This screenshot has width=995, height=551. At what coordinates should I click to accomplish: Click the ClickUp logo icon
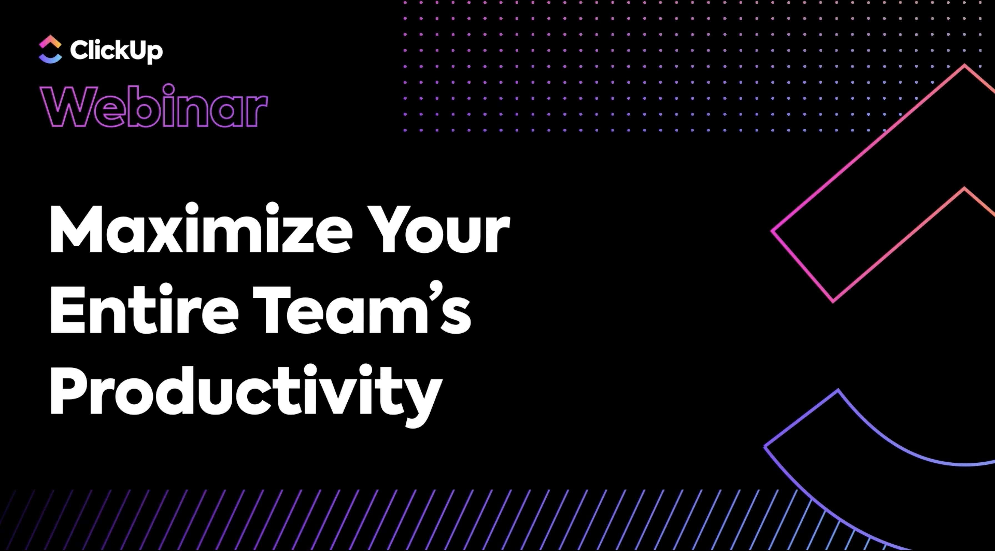(x=50, y=49)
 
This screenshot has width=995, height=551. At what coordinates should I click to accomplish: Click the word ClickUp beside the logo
(x=116, y=51)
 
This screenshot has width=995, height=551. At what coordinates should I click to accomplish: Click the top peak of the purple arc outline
(x=838, y=390)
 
